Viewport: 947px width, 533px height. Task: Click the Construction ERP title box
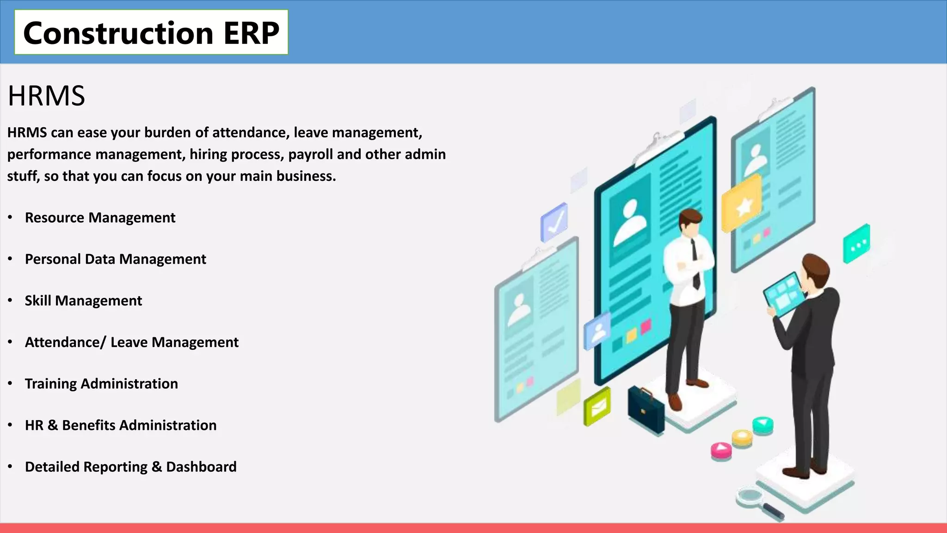(x=151, y=32)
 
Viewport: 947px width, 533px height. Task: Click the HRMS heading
(x=46, y=96)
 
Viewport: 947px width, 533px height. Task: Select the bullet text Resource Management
(x=100, y=217)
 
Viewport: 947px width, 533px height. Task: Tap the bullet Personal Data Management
(x=115, y=259)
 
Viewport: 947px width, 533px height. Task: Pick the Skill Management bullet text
(x=83, y=301)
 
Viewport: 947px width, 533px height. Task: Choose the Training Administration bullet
(x=101, y=384)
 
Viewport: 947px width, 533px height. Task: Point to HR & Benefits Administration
(x=120, y=425)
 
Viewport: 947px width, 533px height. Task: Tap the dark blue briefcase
(x=646, y=409)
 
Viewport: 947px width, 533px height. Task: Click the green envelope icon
(x=597, y=406)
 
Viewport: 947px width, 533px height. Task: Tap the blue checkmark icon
(x=554, y=222)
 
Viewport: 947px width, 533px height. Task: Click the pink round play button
(x=721, y=449)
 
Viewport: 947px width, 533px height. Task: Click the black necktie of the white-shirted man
(x=695, y=264)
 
